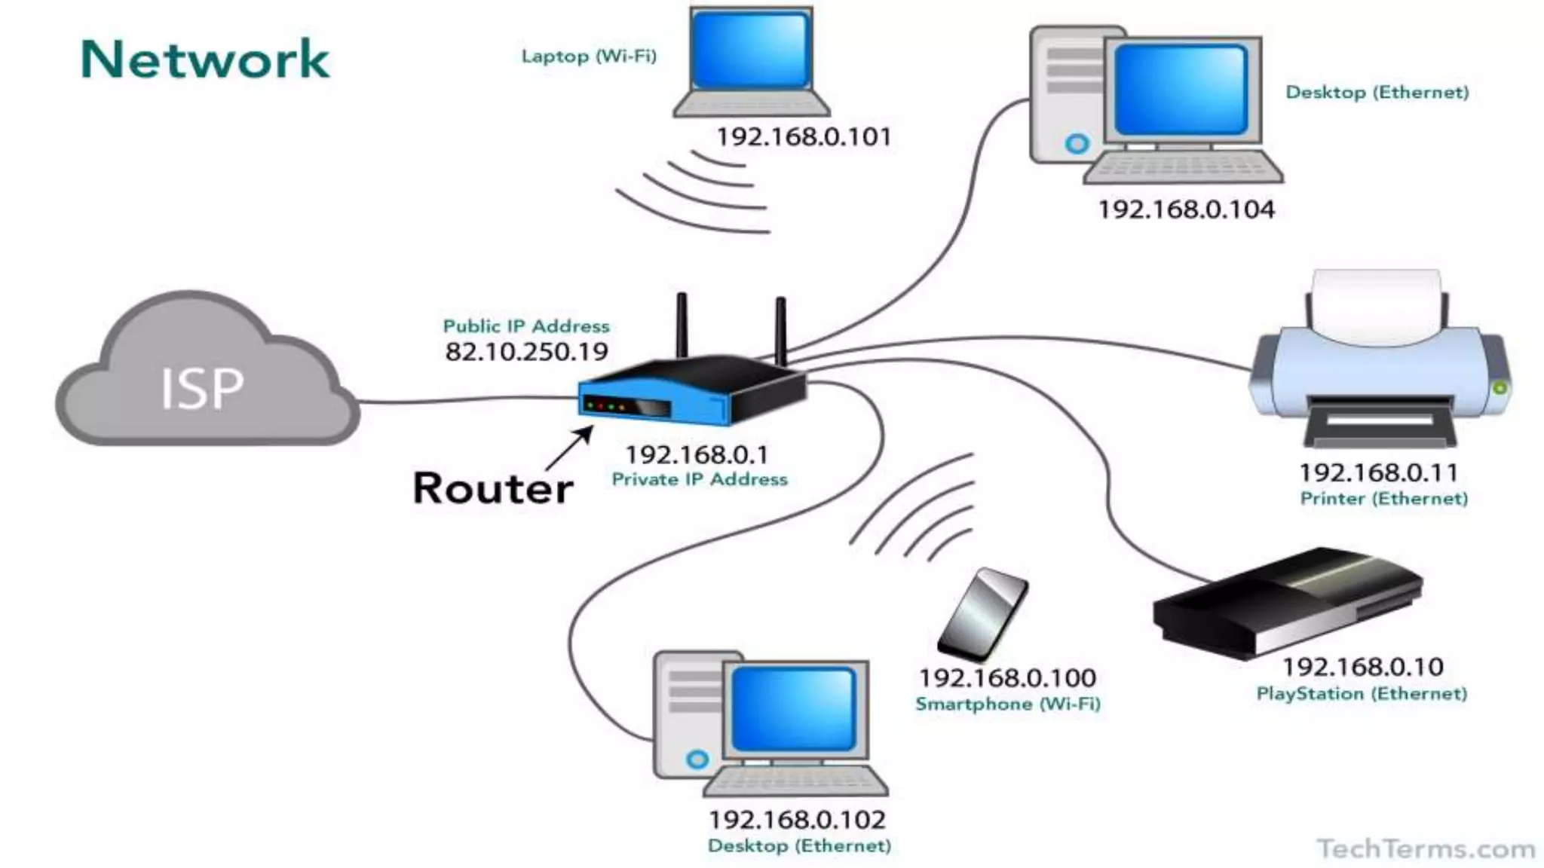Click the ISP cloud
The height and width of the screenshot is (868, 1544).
tap(204, 377)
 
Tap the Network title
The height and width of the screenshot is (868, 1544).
tap(204, 60)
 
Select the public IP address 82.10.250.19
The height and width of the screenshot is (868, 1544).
tap(526, 352)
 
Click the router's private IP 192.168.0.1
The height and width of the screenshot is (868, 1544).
tap(697, 455)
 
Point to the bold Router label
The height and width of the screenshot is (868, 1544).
tap(493, 488)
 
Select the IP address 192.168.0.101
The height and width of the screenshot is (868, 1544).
tap(804, 137)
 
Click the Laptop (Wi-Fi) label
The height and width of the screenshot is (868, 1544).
tap(589, 57)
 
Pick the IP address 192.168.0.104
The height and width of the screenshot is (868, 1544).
tap(1186, 209)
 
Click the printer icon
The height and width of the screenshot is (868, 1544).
tap(1378, 362)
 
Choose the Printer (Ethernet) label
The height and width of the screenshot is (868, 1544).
tap(1384, 499)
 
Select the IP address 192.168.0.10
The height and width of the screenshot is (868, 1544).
tap(1363, 667)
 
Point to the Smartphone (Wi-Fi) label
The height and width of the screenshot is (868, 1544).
tap(1008, 704)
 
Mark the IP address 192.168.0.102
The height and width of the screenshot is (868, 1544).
tap(797, 820)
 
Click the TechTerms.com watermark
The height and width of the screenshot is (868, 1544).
tap(1426, 849)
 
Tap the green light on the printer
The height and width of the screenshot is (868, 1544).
tap(1500, 388)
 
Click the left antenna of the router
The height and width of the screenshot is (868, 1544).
tap(682, 325)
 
